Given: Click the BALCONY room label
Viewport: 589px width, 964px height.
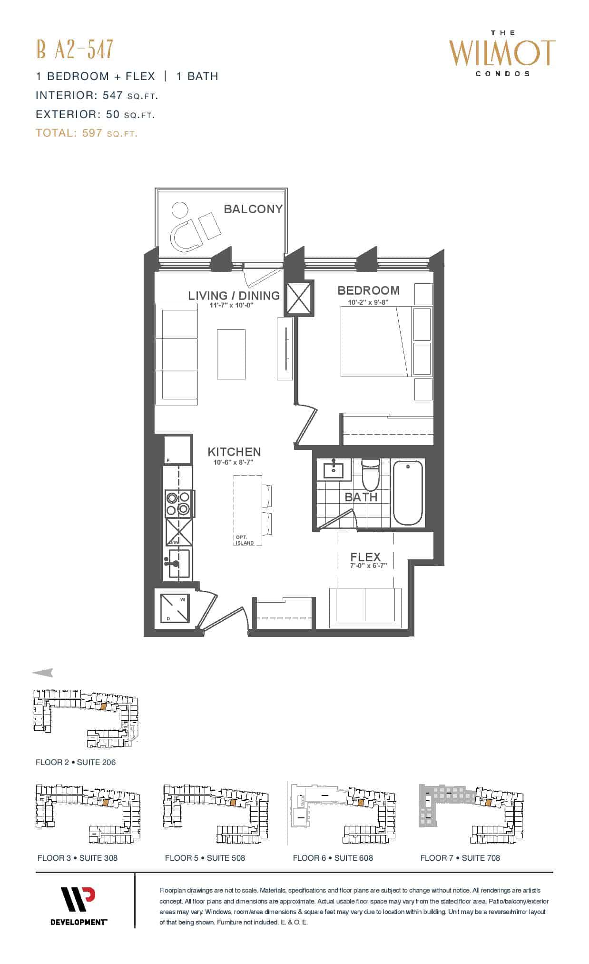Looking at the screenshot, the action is (253, 209).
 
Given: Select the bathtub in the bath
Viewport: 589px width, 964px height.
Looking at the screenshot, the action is (408, 492).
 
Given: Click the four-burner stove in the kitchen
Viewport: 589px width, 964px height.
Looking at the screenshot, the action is (178, 504).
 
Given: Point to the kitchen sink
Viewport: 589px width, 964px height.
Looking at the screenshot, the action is (178, 564).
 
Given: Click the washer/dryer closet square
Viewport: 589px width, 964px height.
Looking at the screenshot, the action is (175, 608).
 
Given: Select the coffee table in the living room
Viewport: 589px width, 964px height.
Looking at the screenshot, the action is (231, 354).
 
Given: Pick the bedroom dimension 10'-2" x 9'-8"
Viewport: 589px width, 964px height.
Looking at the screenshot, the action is (368, 302).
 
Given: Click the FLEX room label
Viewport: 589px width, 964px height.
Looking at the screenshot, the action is (365, 557).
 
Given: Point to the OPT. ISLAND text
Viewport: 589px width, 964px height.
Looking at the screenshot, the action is (245, 540).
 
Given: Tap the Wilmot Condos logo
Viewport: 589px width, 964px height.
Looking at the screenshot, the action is (502, 53).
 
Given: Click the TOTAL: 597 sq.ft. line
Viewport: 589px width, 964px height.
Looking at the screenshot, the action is (87, 133).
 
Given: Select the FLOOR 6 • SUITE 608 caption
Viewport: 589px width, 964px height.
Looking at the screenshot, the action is (333, 858).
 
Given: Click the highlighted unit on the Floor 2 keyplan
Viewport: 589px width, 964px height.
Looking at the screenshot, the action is (103, 706).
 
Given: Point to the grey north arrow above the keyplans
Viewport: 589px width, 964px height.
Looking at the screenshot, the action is (43, 673).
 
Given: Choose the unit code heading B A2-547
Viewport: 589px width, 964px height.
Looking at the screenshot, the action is (75, 49).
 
